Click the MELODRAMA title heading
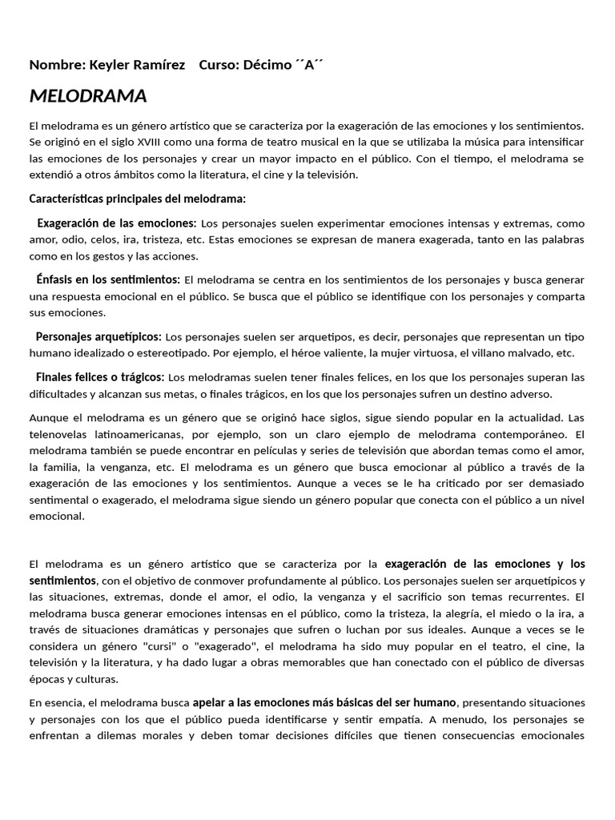[88, 97]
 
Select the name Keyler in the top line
[114, 65]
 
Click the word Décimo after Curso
[266, 65]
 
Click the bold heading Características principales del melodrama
[138, 199]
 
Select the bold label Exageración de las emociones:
[117, 223]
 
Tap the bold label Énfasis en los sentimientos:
[108, 279]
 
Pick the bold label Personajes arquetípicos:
[98, 336]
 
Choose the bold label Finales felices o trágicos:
[100, 377]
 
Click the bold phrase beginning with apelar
[324, 702]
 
